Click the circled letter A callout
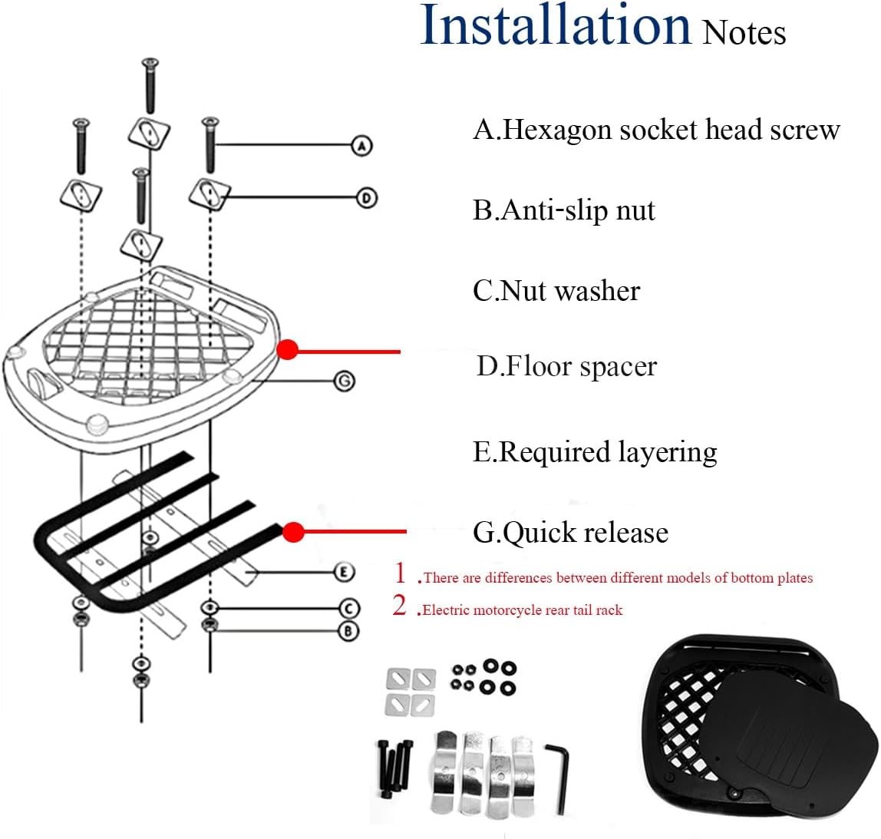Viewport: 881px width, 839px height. pyautogui.click(x=361, y=145)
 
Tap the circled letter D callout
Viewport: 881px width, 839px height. pyautogui.click(x=367, y=198)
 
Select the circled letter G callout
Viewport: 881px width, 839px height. pyautogui.click(x=345, y=380)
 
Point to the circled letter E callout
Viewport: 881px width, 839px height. pyautogui.click(x=345, y=572)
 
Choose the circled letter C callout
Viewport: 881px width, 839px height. pyautogui.click(x=349, y=608)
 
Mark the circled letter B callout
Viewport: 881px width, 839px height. pyautogui.click(x=349, y=631)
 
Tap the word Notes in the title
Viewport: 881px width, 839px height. pyautogui.click(x=744, y=32)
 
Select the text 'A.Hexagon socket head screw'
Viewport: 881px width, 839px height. pyautogui.click(x=656, y=130)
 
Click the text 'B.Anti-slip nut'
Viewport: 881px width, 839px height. pyautogui.click(x=564, y=210)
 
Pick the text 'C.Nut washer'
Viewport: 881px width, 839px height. pyautogui.click(x=556, y=291)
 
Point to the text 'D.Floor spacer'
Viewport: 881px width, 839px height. pyautogui.click(x=566, y=366)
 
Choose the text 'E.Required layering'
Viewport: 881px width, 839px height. pyautogui.click(x=595, y=451)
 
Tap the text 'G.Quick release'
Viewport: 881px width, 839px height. pyautogui.click(x=570, y=532)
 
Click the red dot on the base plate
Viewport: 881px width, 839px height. pyautogui.click(x=287, y=350)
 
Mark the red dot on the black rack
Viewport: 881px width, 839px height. pyautogui.click(x=293, y=531)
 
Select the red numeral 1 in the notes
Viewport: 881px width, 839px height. pyautogui.click(x=399, y=573)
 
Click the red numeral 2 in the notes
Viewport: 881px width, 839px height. pyautogui.click(x=399, y=606)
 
